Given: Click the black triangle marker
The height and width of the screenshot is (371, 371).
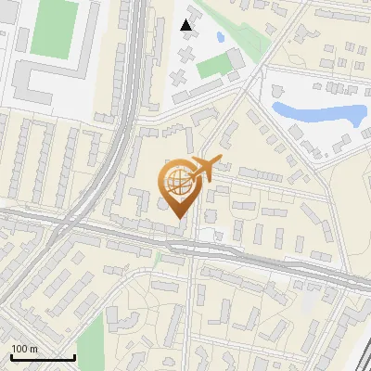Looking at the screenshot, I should click(x=186, y=25).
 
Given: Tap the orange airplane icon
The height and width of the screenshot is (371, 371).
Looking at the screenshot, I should click(x=203, y=170).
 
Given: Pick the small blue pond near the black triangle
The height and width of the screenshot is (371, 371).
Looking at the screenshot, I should click(x=220, y=37).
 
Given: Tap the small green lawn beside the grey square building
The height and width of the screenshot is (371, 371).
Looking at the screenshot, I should click(x=214, y=65).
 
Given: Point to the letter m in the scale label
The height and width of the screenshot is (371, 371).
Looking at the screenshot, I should click(x=34, y=349).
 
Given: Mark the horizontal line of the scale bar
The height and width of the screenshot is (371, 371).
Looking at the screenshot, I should click(x=42, y=358).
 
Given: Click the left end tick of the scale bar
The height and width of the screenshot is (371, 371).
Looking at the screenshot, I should click(x=11, y=356).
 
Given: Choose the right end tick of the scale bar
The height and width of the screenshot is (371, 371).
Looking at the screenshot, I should click(x=74, y=356).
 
